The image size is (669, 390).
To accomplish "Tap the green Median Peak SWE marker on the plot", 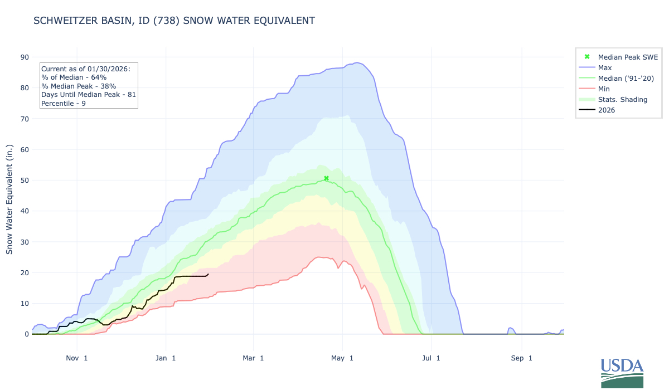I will coord(326,178).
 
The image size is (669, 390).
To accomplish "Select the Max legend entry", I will coord(604,67).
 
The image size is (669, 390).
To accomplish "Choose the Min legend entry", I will coord(604,89).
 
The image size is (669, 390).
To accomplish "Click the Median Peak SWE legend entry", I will coord(628,57).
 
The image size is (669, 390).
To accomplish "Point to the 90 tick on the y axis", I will coord(25,57).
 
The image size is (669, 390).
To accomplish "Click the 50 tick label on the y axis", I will coord(25,180).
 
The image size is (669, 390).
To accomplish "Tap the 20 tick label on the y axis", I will coord(25,272).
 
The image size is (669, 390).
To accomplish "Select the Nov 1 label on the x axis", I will coord(76,358).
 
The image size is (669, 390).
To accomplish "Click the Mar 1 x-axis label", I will coord(253,358).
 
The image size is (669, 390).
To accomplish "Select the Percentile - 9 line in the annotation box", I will coord(64,104).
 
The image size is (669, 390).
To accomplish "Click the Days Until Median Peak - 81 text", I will coord(89,95).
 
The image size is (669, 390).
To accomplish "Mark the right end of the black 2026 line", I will coord(208,274).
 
